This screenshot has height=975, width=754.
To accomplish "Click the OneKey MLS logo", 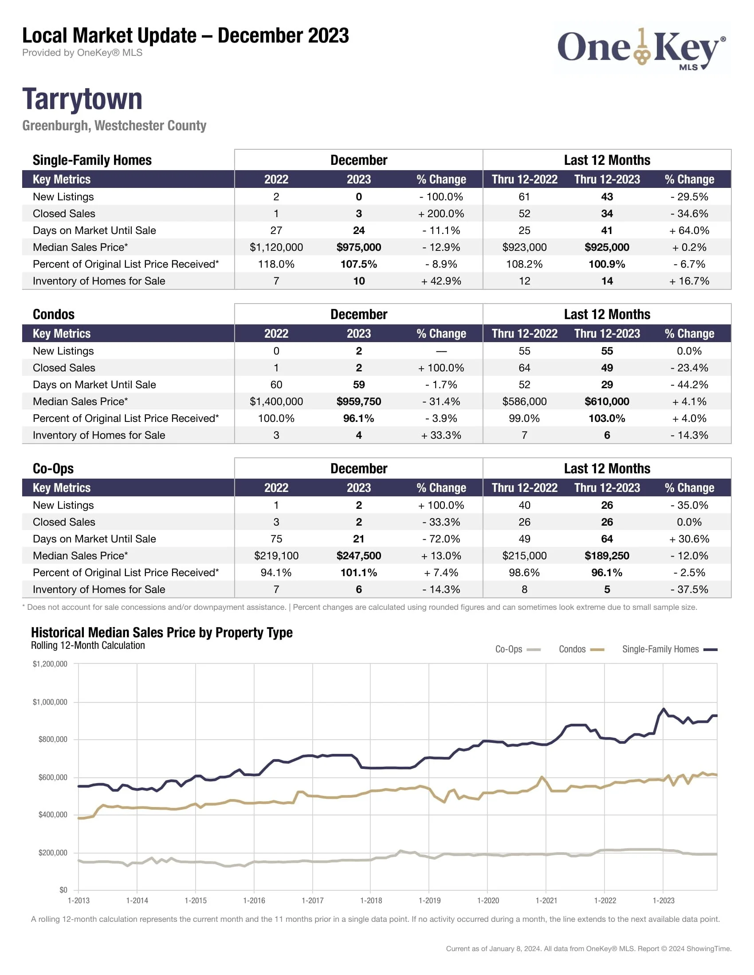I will (x=641, y=49).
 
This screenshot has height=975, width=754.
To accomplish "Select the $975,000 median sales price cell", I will (x=359, y=247).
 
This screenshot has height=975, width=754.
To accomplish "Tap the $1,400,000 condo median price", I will (x=276, y=402).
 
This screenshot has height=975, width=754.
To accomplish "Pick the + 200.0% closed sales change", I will (x=441, y=214).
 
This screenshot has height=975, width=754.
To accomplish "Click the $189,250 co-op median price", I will (x=607, y=556).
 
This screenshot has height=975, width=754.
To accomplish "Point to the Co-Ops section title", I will (x=53, y=468).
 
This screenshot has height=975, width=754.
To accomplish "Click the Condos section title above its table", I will (x=54, y=314).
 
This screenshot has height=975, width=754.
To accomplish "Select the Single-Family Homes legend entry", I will (x=669, y=649).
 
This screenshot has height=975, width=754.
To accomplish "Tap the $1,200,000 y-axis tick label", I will (x=50, y=664).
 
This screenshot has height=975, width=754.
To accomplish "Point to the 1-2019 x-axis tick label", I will (x=429, y=901).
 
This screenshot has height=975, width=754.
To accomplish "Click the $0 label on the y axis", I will (x=63, y=890).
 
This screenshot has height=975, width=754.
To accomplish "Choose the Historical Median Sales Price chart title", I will (x=162, y=632).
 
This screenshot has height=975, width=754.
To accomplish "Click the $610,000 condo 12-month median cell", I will (x=607, y=402).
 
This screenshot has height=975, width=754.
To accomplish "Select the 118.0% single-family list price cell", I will (x=276, y=264).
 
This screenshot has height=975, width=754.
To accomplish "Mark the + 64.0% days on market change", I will (x=689, y=230).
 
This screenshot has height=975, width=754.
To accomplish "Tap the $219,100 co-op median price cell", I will (x=276, y=556).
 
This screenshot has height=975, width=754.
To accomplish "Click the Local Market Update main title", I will (x=185, y=36).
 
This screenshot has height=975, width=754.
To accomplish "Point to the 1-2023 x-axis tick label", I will (x=664, y=901).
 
